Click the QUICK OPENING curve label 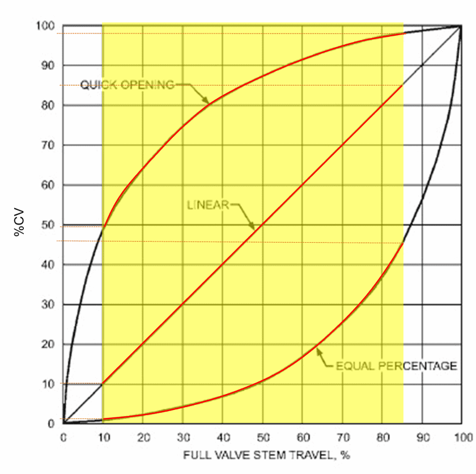pyautogui.click(x=127, y=85)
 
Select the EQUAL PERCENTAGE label pyautogui.click(x=396, y=366)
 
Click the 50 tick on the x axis pyautogui.click(x=262, y=437)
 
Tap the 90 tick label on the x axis pyautogui.click(x=422, y=437)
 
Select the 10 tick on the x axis pyautogui.click(x=103, y=437)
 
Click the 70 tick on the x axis pyautogui.click(x=342, y=437)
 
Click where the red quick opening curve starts pyautogui.click(x=103, y=226)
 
